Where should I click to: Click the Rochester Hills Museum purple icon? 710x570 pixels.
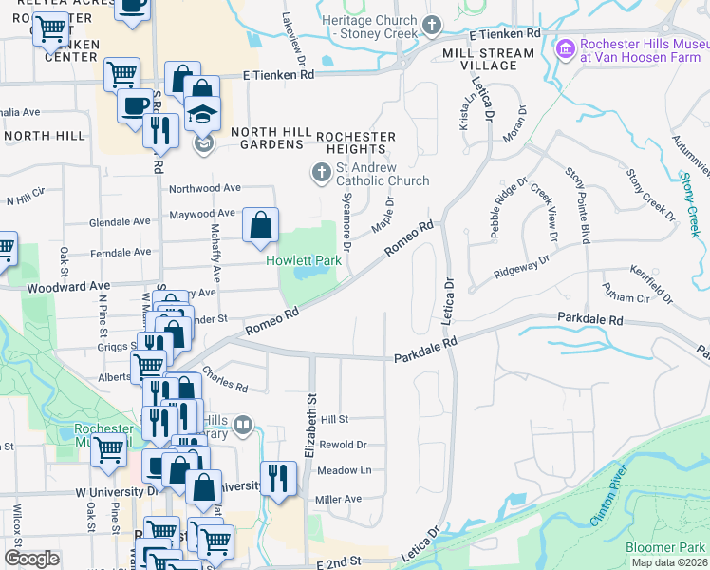pyautogui.click(x=566, y=47)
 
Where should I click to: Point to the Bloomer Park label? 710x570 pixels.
pyautogui.click(x=665, y=547)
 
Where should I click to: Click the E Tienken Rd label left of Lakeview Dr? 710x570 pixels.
pyautogui.click(x=277, y=74)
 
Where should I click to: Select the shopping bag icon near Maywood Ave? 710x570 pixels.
pyautogui.click(x=260, y=226)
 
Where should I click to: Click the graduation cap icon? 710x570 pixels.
pyautogui.click(x=201, y=115)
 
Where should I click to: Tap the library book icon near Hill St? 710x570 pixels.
pyautogui.click(x=244, y=425)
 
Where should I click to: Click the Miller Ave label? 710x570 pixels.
pyautogui.click(x=339, y=499)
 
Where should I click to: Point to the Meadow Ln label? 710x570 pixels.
pyautogui.click(x=344, y=470)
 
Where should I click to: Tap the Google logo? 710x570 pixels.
pyautogui.click(x=31, y=559)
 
